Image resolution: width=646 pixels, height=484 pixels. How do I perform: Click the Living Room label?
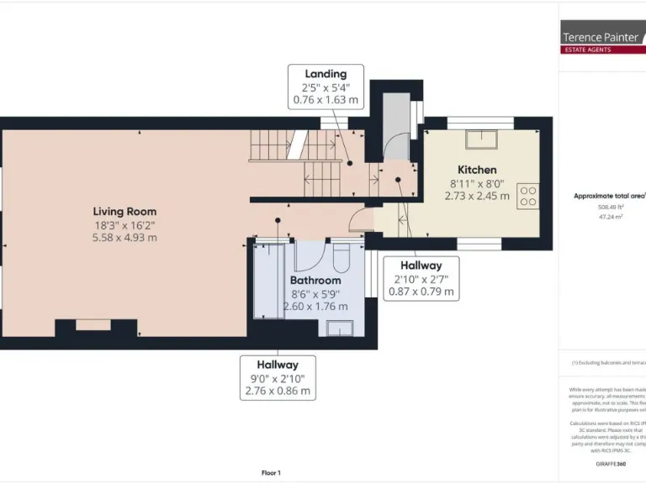coord(124,211)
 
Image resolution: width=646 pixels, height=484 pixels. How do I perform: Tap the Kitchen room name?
coord(477,170)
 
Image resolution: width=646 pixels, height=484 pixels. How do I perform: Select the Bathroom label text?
coord(315,280)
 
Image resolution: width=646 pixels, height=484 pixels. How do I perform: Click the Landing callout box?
coord(326,87)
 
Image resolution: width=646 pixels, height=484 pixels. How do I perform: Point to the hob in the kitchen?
coord(528,196)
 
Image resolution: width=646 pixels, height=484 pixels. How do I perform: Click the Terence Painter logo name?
coord(600,37)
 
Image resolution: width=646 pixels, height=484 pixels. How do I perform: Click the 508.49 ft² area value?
coord(610,207)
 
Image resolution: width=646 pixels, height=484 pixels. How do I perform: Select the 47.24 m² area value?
coord(610,217)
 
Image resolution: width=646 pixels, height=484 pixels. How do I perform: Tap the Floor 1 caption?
coord(271,473)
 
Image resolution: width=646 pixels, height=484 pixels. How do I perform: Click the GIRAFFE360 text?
coord(610,464)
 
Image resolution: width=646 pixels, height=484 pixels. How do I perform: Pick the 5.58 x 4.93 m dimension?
coord(124,238)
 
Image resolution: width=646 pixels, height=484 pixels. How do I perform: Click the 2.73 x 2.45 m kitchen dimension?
coord(477,196)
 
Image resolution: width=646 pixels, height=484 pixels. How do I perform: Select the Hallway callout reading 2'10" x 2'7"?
coord(421,279)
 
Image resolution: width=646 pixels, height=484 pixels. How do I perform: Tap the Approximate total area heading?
coord(609,196)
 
